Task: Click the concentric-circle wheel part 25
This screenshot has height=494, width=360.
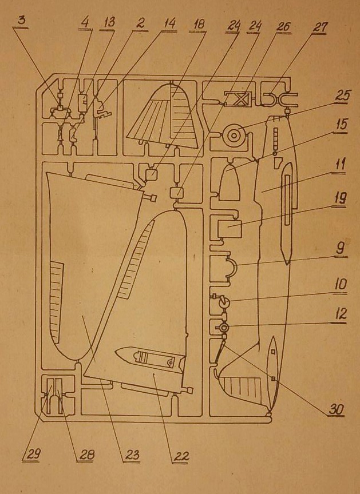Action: pos(234,136)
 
